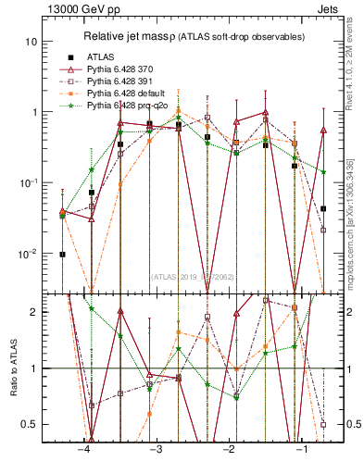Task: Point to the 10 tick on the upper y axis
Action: tap(32, 42)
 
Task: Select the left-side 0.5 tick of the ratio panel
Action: tap(31, 424)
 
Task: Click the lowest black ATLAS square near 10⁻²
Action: tap(62, 254)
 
